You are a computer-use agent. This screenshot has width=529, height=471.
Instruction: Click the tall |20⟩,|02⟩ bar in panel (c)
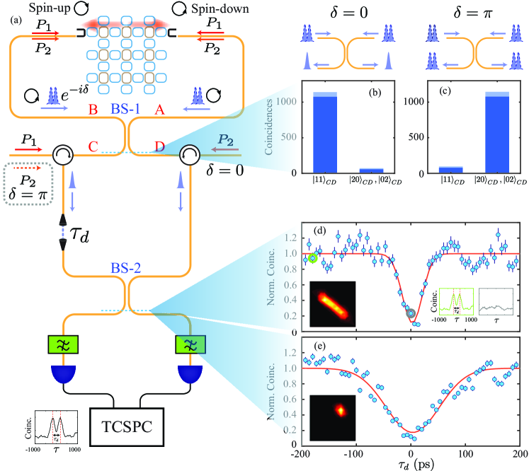click(x=477, y=132)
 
